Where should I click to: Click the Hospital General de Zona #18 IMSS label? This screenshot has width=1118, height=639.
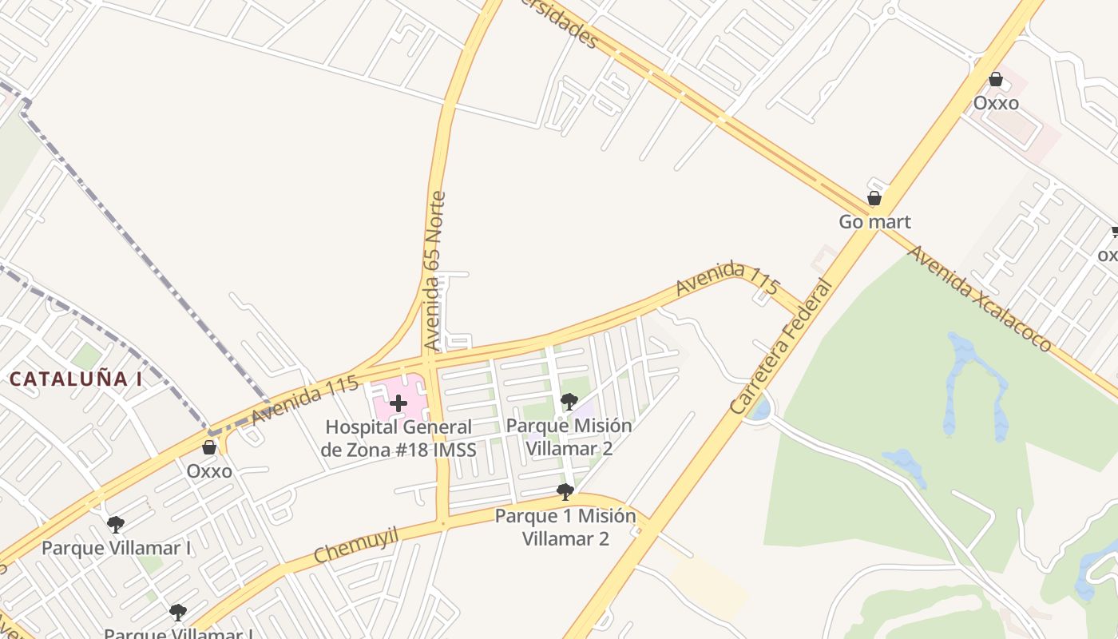pyautogui.click(x=398, y=439)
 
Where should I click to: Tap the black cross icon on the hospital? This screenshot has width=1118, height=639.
pyautogui.click(x=398, y=403)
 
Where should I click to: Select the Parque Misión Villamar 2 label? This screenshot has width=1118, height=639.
pyautogui.click(x=569, y=437)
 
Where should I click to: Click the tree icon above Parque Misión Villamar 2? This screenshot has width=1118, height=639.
pyautogui.click(x=569, y=401)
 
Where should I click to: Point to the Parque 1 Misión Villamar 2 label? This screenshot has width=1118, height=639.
pyautogui.click(x=565, y=527)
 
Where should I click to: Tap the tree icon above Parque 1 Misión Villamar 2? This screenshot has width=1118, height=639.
pyautogui.click(x=565, y=491)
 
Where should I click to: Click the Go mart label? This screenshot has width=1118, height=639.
pyautogui.click(x=874, y=221)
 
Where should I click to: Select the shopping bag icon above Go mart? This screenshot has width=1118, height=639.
pyautogui.click(x=874, y=198)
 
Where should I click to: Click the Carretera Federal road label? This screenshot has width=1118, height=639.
pyautogui.click(x=782, y=346)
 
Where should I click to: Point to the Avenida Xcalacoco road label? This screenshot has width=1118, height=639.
pyautogui.click(x=980, y=298)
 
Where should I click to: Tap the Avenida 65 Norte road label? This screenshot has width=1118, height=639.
pyautogui.click(x=434, y=272)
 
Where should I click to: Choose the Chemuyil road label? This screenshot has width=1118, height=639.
pyautogui.click(x=356, y=545)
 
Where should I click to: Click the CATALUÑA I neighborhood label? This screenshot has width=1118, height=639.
pyautogui.click(x=76, y=379)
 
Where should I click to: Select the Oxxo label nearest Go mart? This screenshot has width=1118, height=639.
pyautogui.click(x=996, y=103)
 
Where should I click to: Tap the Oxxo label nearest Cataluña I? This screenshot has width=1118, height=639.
pyautogui.click(x=209, y=471)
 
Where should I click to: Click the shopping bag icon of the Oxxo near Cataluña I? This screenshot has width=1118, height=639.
pyautogui.click(x=209, y=447)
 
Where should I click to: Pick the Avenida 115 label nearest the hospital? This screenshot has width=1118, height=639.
pyautogui.click(x=304, y=400)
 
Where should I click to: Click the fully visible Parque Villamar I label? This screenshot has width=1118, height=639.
pyautogui.click(x=117, y=548)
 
